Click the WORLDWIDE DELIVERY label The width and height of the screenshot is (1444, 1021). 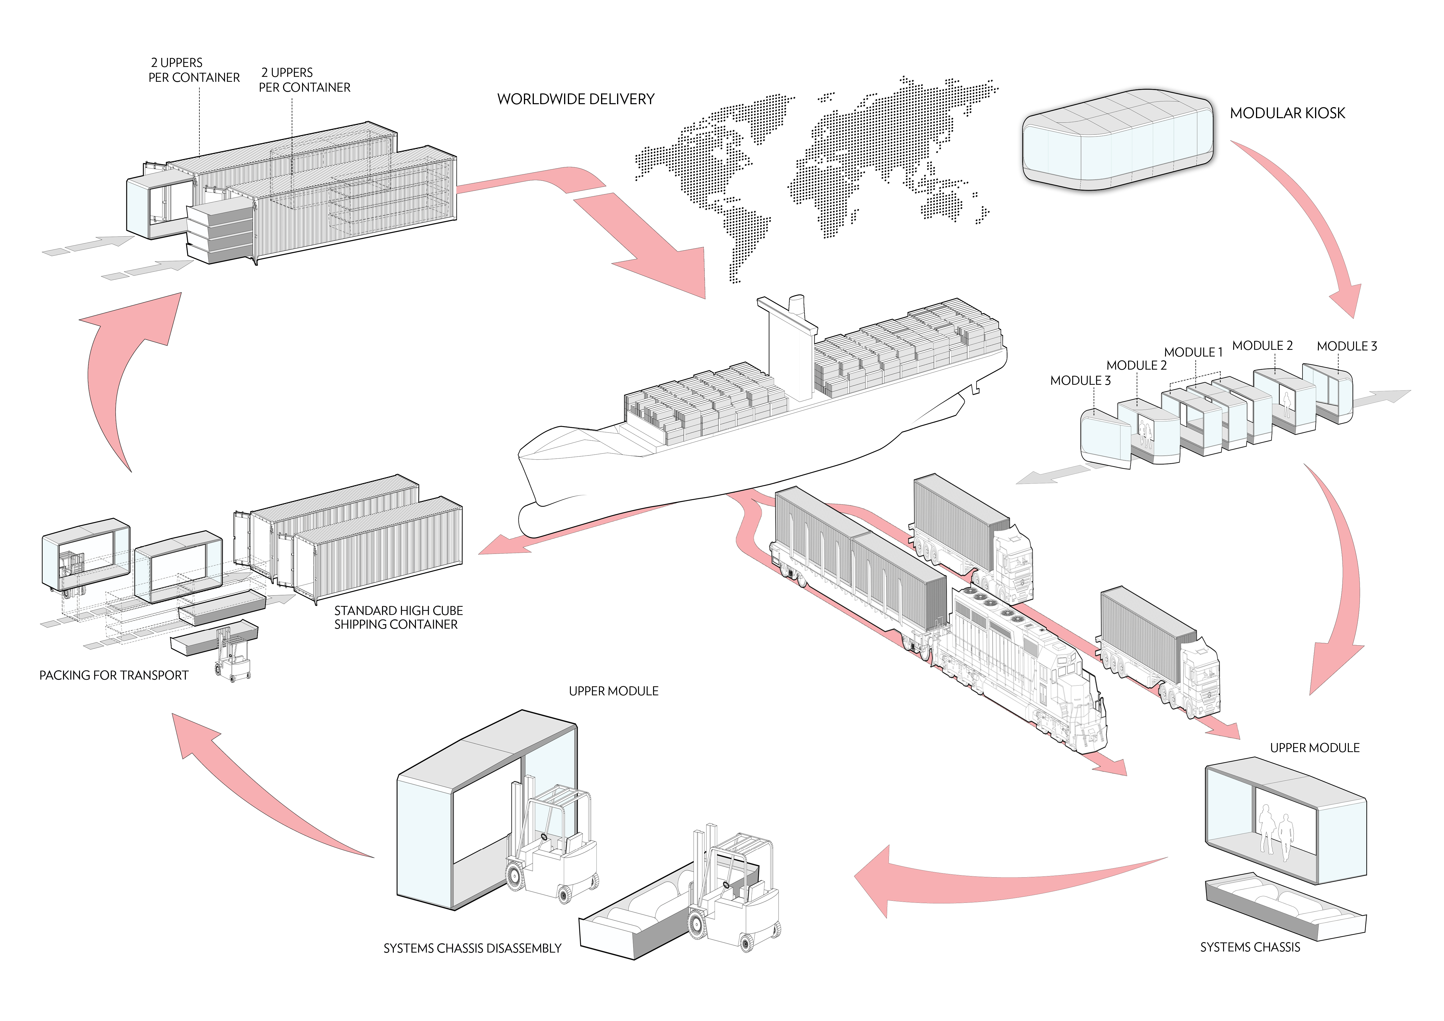(x=575, y=99)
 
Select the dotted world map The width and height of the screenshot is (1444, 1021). (x=818, y=164)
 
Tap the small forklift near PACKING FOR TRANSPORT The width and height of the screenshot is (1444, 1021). (x=233, y=657)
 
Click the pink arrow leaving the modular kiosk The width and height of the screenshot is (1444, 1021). (x=1308, y=220)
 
